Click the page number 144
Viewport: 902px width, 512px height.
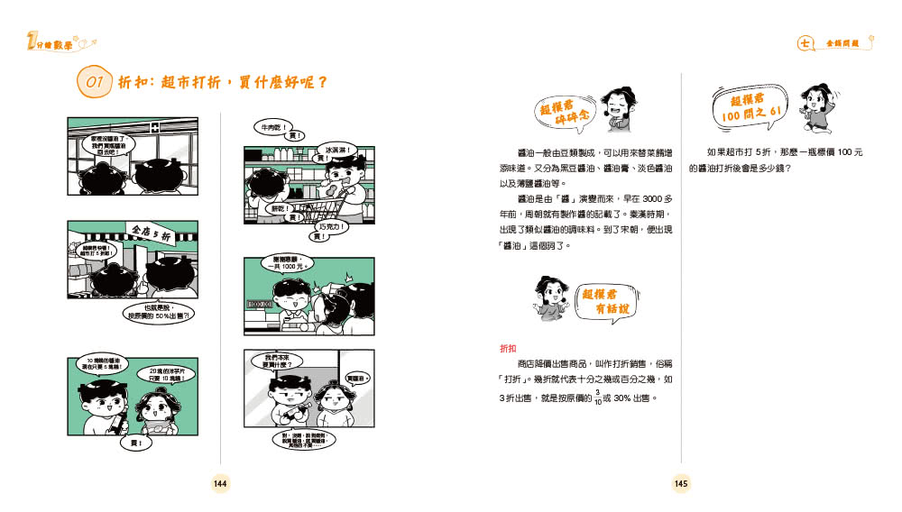tap(220, 484)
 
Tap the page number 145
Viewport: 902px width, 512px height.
tap(681, 484)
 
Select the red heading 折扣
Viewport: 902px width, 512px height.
tap(508, 348)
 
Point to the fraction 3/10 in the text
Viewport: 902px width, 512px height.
tap(597, 397)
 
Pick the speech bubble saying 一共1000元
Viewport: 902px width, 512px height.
tap(290, 264)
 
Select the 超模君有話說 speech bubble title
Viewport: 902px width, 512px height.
tap(604, 301)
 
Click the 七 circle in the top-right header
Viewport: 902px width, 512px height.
tap(805, 42)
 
